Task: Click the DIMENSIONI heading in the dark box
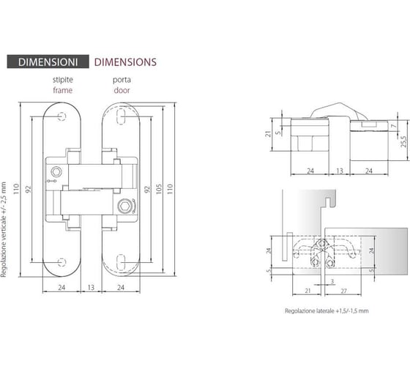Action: (x=48, y=62)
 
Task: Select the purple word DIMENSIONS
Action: (x=125, y=62)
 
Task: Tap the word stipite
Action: (x=63, y=80)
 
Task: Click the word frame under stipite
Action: (x=63, y=90)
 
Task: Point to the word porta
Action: (x=122, y=80)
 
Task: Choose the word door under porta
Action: (x=122, y=90)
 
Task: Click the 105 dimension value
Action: (x=159, y=189)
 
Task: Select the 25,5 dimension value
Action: (x=403, y=141)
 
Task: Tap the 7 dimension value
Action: (x=394, y=126)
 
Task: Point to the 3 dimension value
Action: (x=332, y=281)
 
